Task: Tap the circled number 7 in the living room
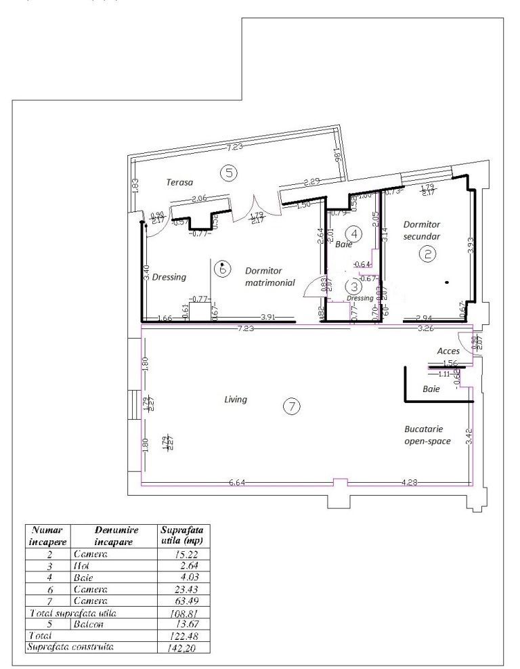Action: tap(290, 406)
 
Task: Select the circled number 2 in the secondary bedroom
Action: tap(427, 254)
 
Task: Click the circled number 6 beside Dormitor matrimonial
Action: tap(221, 268)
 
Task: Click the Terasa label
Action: tap(180, 182)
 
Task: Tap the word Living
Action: tap(236, 400)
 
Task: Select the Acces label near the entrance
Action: tap(448, 351)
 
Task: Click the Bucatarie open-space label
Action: tap(425, 435)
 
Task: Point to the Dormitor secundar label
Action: tap(422, 230)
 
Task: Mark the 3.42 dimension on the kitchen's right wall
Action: tap(469, 439)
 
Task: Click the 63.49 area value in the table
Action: tap(183, 601)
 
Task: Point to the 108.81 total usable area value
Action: tap(183, 612)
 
